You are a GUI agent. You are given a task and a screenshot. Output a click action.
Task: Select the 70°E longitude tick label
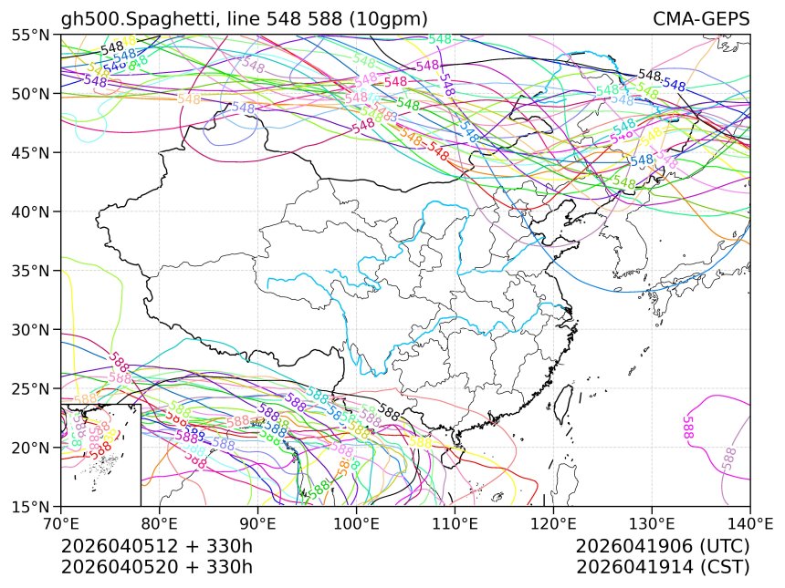point(61,524)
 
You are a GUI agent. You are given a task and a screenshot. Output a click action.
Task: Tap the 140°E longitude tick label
point(749,524)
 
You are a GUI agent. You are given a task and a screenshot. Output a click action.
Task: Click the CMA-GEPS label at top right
point(701,19)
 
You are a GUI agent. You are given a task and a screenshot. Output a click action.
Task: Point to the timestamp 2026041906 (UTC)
point(663,546)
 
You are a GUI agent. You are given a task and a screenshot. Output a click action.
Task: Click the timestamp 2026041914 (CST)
point(663,566)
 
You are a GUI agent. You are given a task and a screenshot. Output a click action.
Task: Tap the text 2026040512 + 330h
point(156,546)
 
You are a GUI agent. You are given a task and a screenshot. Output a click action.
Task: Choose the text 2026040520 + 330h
point(156,566)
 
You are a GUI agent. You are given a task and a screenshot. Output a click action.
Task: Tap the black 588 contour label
point(390,412)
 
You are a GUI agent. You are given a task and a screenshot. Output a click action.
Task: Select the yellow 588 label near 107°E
point(421,442)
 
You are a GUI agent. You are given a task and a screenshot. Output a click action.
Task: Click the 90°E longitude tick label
point(258,524)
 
